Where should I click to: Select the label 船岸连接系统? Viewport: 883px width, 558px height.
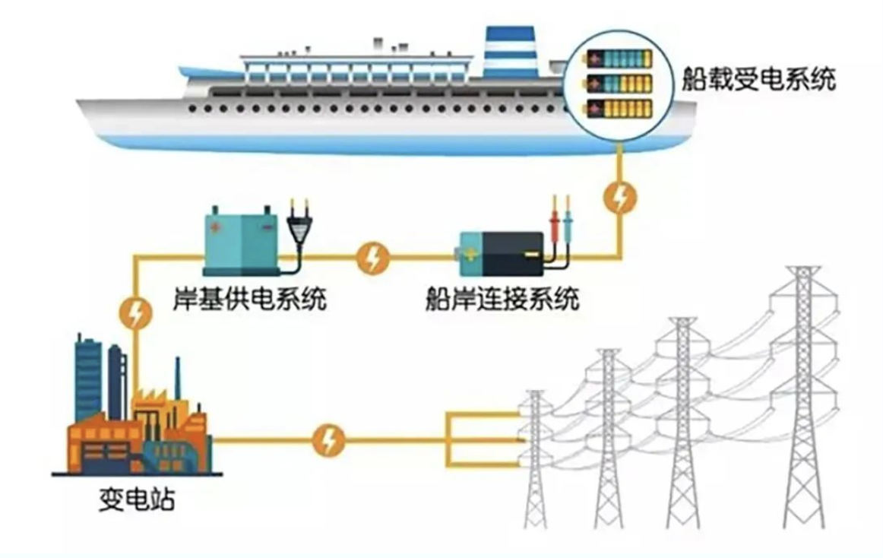point(502,298)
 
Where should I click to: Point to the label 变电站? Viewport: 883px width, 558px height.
point(137,499)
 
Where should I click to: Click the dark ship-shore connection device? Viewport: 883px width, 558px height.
point(502,254)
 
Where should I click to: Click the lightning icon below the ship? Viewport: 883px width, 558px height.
point(621,197)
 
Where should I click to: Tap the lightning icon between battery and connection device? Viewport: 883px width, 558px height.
point(372,258)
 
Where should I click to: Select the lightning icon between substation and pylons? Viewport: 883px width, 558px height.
point(328,440)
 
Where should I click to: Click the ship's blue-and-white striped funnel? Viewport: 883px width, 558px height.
point(510,51)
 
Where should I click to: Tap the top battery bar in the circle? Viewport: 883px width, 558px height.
point(619,58)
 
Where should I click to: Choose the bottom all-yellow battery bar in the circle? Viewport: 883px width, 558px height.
point(619,109)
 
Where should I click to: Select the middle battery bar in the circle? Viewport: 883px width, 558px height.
point(619,84)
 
